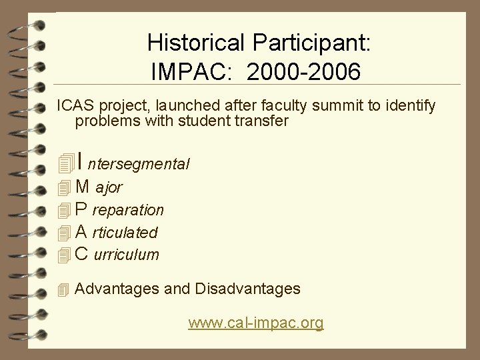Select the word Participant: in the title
coord(312,43)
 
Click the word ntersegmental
coord(139,163)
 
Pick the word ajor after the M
coord(109,188)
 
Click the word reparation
coord(127,210)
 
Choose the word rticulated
coord(126,233)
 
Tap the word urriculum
coord(127,255)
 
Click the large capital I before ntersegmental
coord(79,161)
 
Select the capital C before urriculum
coord(82,254)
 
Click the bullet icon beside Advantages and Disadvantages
coord(63,290)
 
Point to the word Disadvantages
coord(247,289)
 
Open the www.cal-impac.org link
coord(256,323)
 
